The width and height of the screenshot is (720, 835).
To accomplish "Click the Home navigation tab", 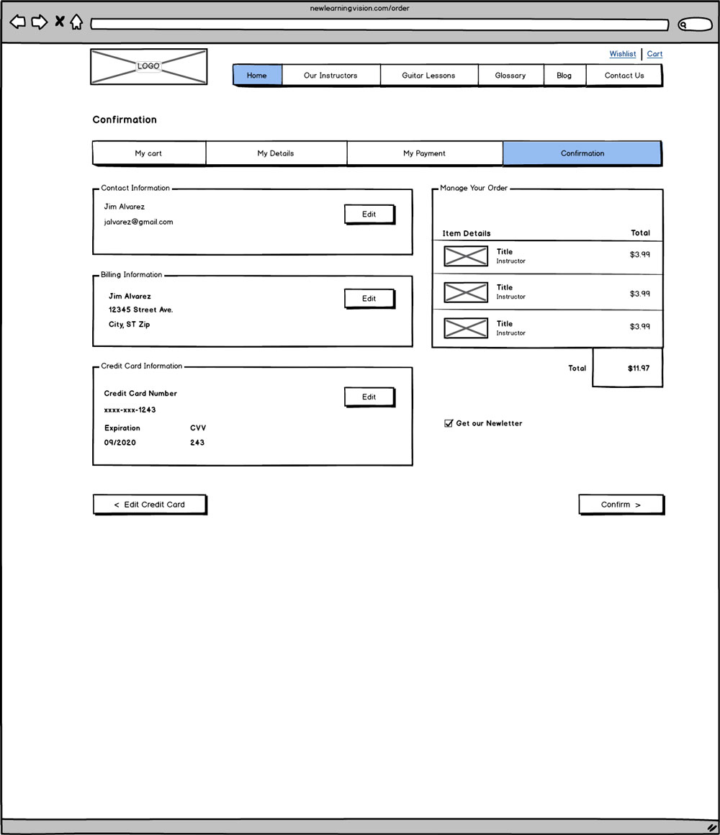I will pos(257,76).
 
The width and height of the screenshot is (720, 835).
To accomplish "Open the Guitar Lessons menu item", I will pos(428,76).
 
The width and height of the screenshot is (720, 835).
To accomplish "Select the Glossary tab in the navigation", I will pos(510,76).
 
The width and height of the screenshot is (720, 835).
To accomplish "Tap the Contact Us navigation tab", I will pos(624,76).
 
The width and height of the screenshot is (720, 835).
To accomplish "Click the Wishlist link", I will pos(623,54).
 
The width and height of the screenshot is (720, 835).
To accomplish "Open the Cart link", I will pos(654,54).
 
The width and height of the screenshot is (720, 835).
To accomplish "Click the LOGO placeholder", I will pos(149,66).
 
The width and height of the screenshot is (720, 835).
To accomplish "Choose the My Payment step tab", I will pos(424,153).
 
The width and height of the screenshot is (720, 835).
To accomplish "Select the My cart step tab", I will pos(149,153).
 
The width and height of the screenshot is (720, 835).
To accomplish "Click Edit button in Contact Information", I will pos(369,215).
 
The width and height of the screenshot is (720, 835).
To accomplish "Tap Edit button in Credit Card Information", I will pos(369,397).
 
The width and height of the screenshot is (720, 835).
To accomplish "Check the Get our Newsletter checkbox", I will pos(449,423).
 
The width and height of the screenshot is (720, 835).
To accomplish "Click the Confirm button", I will pos(621,505).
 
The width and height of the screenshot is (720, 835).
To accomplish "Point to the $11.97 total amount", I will pos(639,369).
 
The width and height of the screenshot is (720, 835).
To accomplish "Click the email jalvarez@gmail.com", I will pos(139,222).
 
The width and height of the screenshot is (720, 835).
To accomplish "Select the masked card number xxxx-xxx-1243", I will pos(130,410).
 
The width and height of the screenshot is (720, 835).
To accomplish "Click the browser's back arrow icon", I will pos(17,22).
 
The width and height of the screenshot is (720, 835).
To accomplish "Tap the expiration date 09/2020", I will pos(120,443).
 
